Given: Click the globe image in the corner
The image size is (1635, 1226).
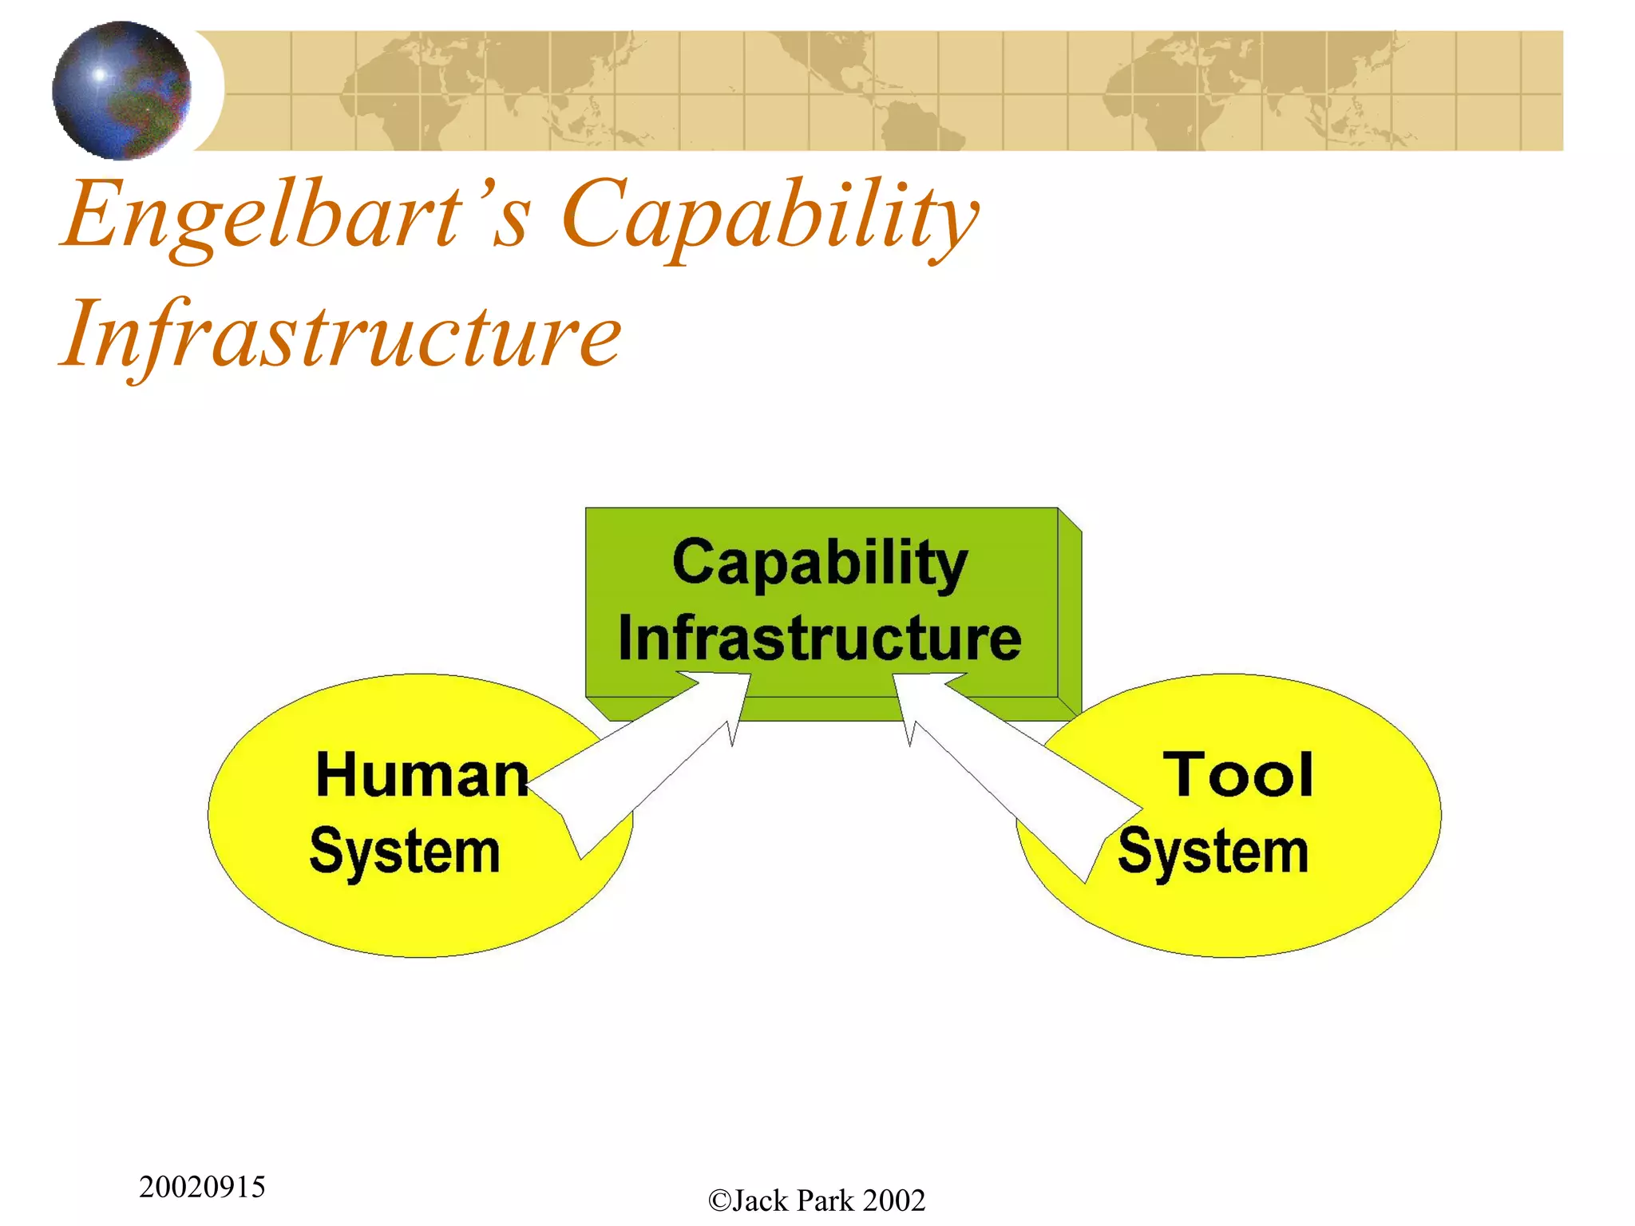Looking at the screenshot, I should pyautogui.click(x=121, y=90).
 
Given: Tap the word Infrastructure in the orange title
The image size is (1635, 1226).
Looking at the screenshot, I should pyautogui.click(x=341, y=335).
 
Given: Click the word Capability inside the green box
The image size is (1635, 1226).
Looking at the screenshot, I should pyautogui.click(x=820, y=562).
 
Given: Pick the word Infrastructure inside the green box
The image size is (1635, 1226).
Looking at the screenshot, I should pyautogui.click(x=820, y=639).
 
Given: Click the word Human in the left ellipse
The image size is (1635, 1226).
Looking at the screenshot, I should pyautogui.click(x=422, y=775).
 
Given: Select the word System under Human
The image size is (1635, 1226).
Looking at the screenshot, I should pyautogui.click(x=405, y=851).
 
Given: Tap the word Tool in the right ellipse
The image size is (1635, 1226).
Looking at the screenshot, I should pyautogui.click(x=1238, y=775).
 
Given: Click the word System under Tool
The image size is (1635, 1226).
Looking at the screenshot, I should pyautogui.click(x=1213, y=851).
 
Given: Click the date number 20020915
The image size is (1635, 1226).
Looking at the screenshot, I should pyautogui.click(x=202, y=1187).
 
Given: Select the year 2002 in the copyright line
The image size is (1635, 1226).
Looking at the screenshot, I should pyautogui.click(x=893, y=1200).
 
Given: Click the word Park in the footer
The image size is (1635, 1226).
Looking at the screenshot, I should pyautogui.click(x=825, y=1200).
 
